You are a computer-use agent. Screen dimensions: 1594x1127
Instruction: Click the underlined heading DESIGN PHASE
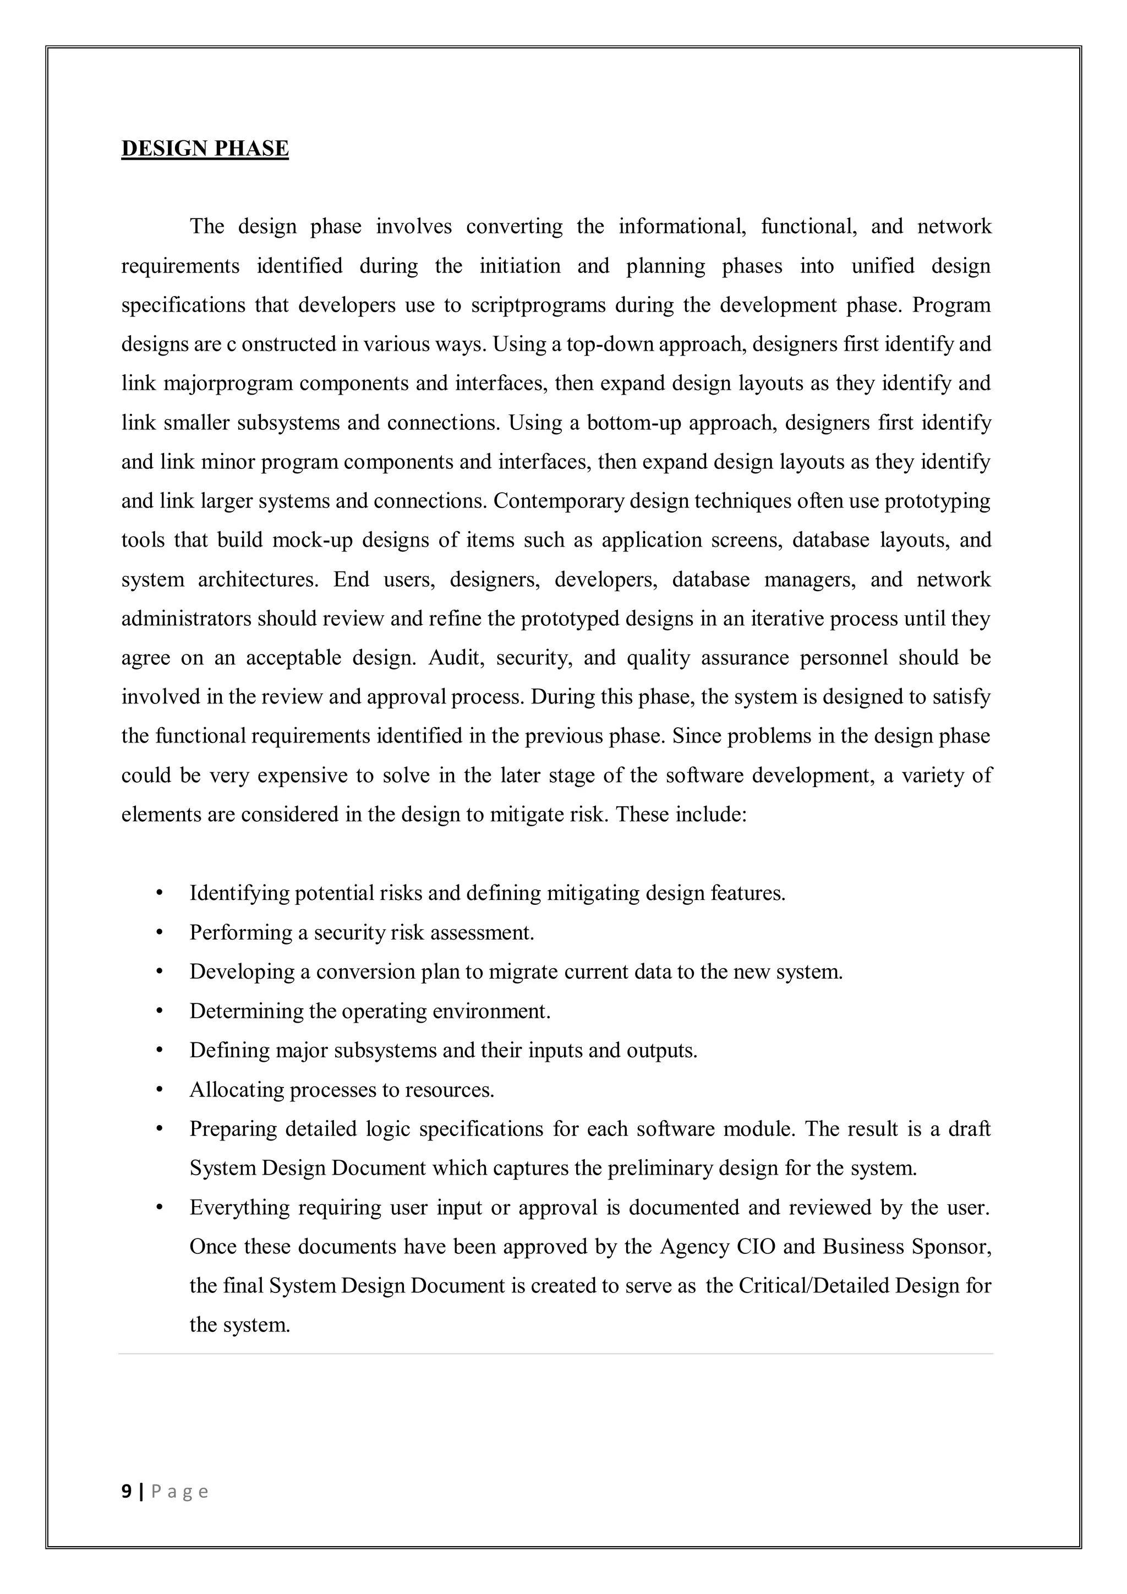click(x=205, y=149)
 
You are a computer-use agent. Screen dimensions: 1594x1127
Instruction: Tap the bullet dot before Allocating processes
click(x=160, y=1090)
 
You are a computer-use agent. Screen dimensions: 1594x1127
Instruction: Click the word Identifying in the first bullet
click(x=239, y=893)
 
